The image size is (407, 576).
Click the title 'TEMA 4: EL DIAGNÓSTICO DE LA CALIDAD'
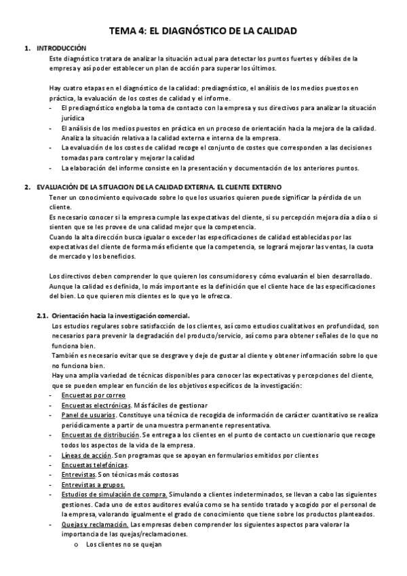click(203, 31)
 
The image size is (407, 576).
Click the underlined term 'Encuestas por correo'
click(88, 395)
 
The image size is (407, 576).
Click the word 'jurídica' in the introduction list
click(73, 118)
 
